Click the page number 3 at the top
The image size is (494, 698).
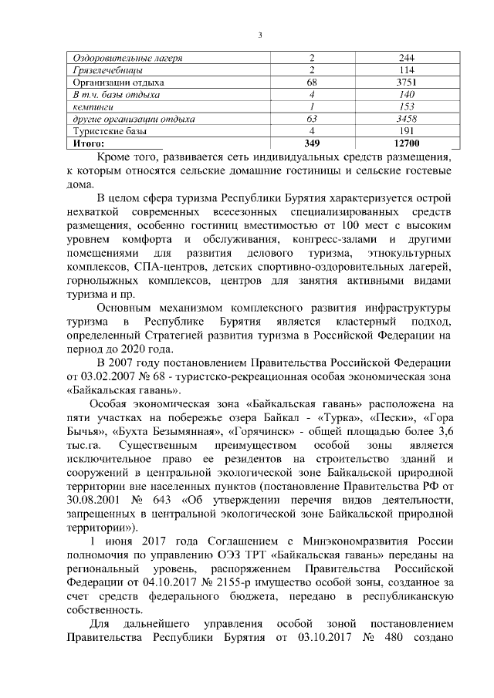click(x=261, y=32)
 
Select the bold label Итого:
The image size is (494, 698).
click(x=88, y=143)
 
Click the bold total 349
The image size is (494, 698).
click(x=312, y=143)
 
